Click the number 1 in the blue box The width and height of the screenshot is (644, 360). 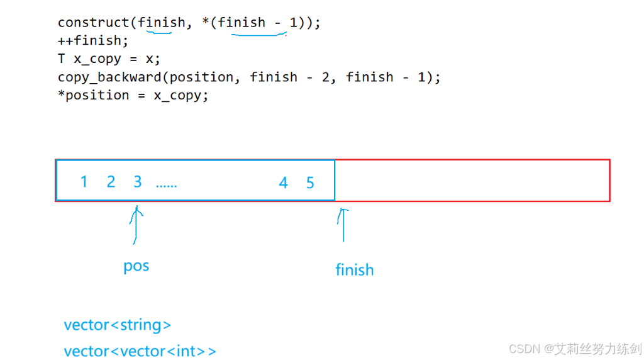click(x=84, y=182)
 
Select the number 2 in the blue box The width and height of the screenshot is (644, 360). click(x=111, y=182)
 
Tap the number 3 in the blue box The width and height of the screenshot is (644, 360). click(x=138, y=182)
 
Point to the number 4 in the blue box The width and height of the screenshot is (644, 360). click(x=283, y=183)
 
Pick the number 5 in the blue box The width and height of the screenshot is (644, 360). click(x=310, y=183)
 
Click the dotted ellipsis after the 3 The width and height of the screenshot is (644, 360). click(x=167, y=185)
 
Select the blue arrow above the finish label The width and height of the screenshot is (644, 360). click(x=343, y=225)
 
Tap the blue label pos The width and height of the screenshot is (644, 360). click(x=136, y=266)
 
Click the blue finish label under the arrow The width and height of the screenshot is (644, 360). click(x=355, y=270)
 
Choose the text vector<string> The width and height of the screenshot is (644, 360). click(x=117, y=325)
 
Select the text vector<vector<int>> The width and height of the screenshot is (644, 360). click(x=140, y=351)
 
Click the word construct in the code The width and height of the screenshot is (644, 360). click(x=94, y=23)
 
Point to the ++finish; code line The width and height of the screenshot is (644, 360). click(x=92, y=41)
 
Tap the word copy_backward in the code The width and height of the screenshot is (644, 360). click(x=109, y=77)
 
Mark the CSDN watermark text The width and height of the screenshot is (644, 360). click(x=575, y=349)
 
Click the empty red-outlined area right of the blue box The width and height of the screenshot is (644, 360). click(x=472, y=181)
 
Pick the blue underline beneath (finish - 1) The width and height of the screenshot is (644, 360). click(x=259, y=35)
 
